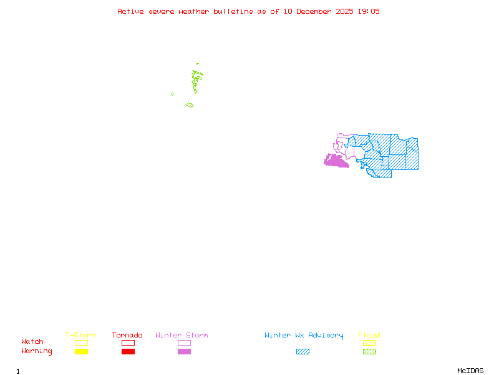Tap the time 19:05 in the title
point(368,11)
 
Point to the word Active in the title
point(130,11)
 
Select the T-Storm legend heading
point(80,336)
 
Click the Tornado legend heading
point(127,336)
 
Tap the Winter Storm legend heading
point(182,336)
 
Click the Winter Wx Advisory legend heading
point(304,336)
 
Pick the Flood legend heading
point(369,336)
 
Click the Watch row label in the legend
point(32,342)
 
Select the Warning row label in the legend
point(37,351)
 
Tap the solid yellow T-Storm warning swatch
point(81,352)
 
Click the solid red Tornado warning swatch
point(128,352)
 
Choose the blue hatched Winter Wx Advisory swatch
point(303,352)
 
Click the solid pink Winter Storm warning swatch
point(184,352)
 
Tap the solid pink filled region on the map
point(336,161)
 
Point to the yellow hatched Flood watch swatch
point(369,342)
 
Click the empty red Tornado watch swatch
point(128,342)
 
